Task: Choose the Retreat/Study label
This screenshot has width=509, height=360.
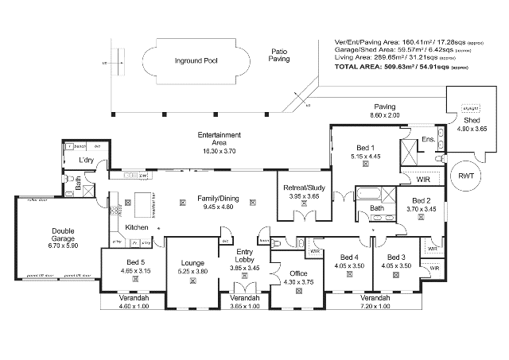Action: (x=303, y=188)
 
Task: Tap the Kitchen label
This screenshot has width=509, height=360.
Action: (x=138, y=227)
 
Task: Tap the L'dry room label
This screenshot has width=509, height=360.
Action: (x=87, y=161)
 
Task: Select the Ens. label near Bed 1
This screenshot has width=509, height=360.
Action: (x=427, y=140)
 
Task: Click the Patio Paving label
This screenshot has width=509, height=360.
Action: (x=278, y=53)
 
